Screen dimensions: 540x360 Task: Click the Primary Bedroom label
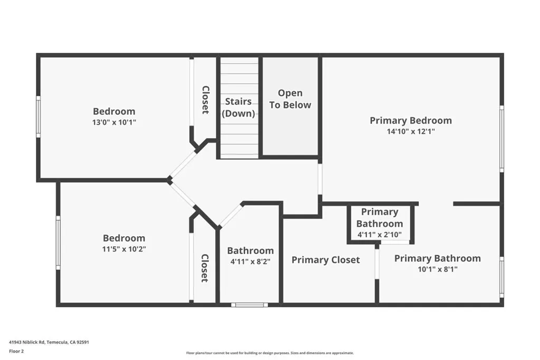(x=410, y=121)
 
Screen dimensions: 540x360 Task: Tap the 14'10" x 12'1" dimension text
(x=411, y=131)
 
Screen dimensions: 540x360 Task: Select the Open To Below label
(x=290, y=99)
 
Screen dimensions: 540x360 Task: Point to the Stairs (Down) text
(x=238, y=108)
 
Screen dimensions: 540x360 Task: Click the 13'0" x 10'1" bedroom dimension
(x=114, y=122)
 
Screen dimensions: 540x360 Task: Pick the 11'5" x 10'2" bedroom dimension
(x=124, y=249)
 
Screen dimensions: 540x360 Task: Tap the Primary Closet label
(x=325, y=260)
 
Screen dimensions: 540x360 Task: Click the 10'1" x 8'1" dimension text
(x=437, y=269)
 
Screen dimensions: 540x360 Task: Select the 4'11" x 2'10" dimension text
(x=380, y=235)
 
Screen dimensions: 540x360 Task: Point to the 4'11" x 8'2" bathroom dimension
(x=250, y=261)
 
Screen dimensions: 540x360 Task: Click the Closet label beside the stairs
(x=205, y=100)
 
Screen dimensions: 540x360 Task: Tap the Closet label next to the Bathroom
(x=205, y=268)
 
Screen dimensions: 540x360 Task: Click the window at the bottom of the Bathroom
(x=249, y=305)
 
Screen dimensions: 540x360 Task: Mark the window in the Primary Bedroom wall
(x=502, y=139)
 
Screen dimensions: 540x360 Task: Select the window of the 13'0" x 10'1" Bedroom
(x=38, y=116)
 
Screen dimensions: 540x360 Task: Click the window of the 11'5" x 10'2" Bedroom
(x=58, y=243)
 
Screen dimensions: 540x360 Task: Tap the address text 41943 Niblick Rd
(x=27, y=342)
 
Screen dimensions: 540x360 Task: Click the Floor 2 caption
(x=16, y=352)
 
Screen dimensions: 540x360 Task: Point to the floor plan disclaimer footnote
(x=270, y=353)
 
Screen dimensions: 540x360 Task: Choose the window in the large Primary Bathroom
(x=502, y=277)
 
